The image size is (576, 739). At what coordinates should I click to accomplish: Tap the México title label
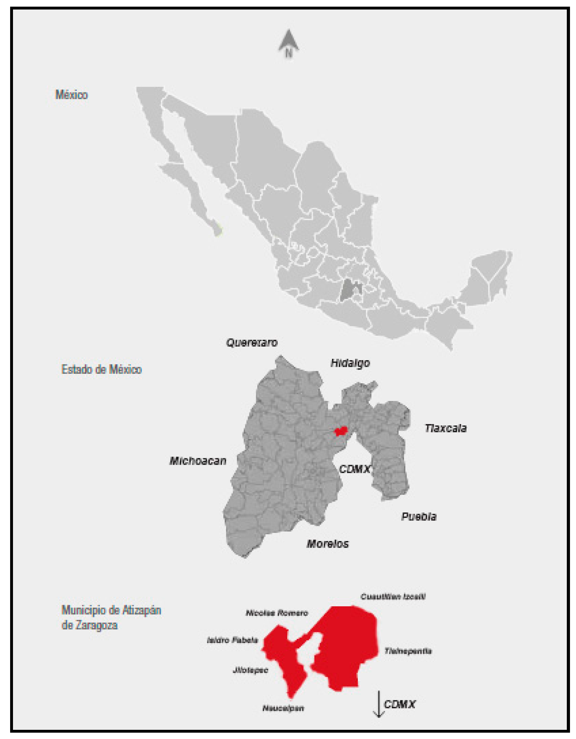[71, 95]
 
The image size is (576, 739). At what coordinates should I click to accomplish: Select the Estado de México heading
[101, 369]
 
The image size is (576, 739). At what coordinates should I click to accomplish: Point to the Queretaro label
[252, 343]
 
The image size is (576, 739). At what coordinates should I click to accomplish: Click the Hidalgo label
[350, 363]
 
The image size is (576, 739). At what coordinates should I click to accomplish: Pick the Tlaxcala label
[446, 428]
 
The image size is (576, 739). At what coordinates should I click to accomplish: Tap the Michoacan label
[198, 461]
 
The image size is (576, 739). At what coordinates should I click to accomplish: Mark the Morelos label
[327, 544]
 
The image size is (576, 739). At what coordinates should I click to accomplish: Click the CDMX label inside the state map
[354, 469]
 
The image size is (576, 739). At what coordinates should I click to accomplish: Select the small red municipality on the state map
[341, 431]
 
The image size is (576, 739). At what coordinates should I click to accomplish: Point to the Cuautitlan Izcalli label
[393, 596]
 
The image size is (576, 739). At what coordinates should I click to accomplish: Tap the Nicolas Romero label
[277, 613]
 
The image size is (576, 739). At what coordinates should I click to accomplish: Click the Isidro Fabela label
[232, 640]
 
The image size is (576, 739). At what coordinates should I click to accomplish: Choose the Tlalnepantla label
[408, 651]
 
